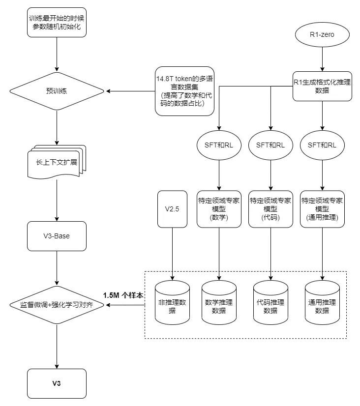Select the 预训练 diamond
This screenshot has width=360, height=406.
[57, 91]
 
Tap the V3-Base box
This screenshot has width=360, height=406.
[57, 236]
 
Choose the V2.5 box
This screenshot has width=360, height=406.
[173, 209]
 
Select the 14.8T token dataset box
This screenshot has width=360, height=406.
[185, 91]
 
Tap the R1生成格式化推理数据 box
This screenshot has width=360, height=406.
[322, 86]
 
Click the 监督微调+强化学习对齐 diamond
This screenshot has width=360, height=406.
[57, 305]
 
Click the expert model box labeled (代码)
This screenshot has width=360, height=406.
[270, 209]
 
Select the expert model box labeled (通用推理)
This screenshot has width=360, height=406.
[322, 209]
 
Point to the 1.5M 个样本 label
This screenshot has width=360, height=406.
[123, 295]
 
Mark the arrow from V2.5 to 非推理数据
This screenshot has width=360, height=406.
[173, 253]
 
